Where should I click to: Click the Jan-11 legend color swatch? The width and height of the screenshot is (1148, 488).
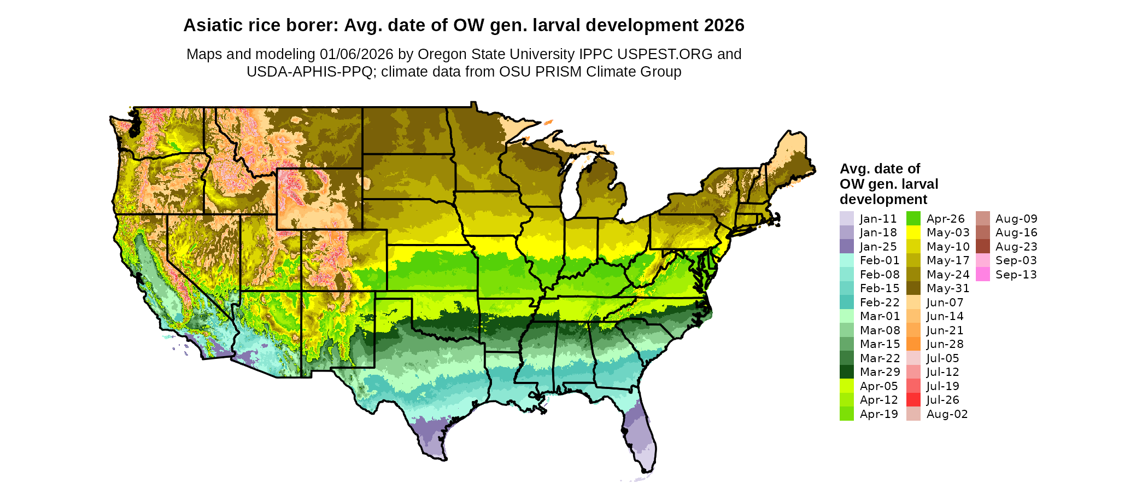[x=846, y=218]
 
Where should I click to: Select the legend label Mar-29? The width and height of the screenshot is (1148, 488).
[x=880, y=372]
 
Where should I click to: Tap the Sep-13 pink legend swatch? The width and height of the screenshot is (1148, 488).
[x=982, y=275]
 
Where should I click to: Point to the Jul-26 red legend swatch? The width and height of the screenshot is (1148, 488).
[x=913, y=400]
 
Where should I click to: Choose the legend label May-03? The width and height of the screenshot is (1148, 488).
[x=948, y=233]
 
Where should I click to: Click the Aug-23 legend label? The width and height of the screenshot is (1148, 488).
[x=1016, y=247]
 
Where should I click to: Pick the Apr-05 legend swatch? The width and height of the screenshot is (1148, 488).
[x=846, y=386]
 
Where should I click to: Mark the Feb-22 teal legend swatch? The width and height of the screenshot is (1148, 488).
[x=846, y=303]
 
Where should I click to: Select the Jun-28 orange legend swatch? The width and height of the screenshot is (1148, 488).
[x=913, y=344]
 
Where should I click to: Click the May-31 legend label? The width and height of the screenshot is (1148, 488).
[x=948, y=288]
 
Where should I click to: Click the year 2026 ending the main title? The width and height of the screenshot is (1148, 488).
[x=724, y=26]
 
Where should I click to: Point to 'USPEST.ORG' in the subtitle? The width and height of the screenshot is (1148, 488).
[x=665, y=54]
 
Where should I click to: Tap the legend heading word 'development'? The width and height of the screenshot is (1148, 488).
[x=883, y=199]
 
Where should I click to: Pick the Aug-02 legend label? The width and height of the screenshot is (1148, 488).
[x=947, y=414]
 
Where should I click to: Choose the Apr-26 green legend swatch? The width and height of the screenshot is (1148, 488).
[x=913, y=218]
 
